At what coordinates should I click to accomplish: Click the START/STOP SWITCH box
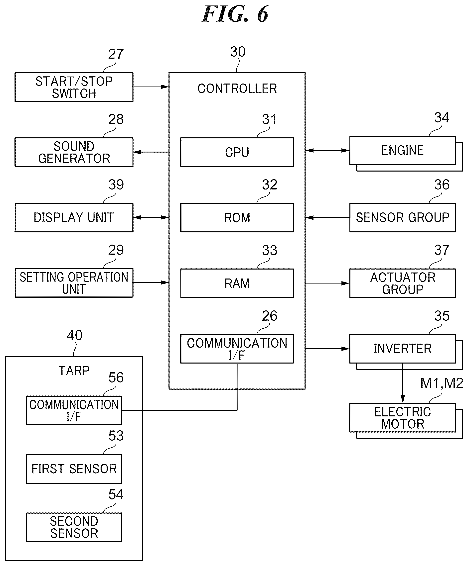[74, 87]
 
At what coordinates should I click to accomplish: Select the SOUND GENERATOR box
[74, 152]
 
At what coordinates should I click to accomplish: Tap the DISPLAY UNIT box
[74, 217]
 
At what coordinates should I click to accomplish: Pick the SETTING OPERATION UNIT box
[74, 283]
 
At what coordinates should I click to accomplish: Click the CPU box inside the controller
[237, 152]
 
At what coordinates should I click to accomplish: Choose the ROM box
[237, 217]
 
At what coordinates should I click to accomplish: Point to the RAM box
[237, 283]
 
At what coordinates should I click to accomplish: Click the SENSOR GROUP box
[403, 217]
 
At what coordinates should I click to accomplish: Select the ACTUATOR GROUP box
[403, 283]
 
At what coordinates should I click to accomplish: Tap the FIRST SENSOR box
[74, 469]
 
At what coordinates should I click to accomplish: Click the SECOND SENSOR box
[74, 527]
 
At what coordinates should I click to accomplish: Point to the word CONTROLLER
[237, 89]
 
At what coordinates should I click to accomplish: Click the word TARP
[74, 371]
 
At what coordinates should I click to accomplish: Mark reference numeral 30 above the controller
[238, 51]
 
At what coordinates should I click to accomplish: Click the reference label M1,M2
[442, 383]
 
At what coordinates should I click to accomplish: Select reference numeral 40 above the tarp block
[75, 335]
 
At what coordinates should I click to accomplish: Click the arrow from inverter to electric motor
[403, 383]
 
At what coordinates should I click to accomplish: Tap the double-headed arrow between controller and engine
[327, 151]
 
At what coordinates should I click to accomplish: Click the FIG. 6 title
[235, 14]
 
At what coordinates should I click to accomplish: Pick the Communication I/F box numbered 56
[74, 410]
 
